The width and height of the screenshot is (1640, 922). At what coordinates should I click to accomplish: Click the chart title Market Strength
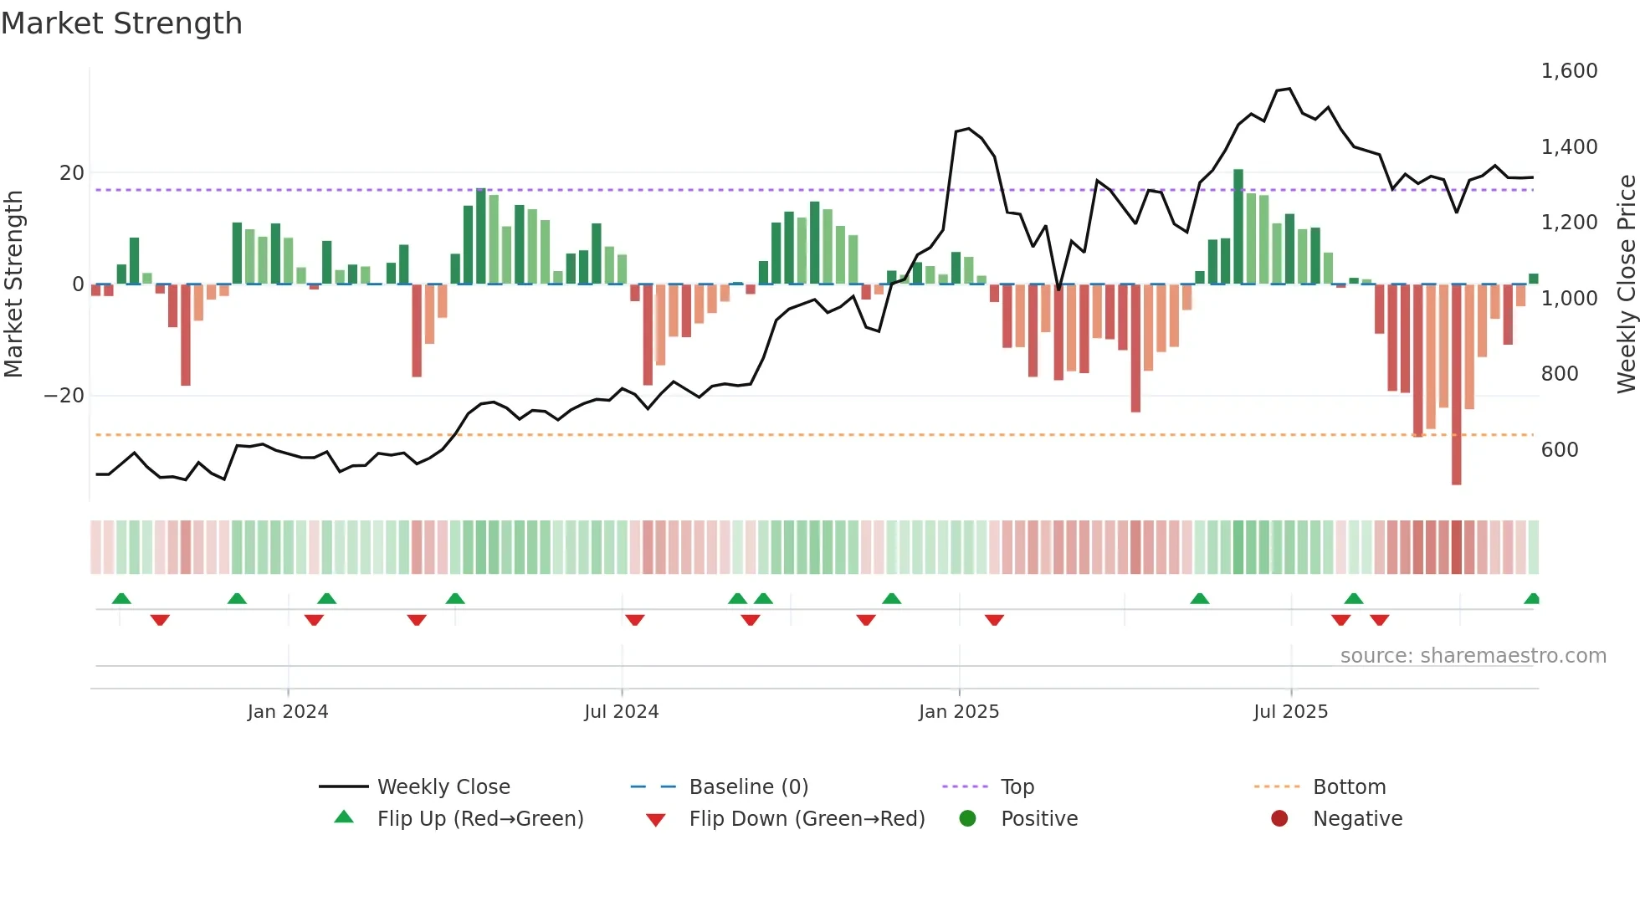coord(121,23)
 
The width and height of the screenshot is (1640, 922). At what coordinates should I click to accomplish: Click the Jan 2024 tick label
coord(287,712)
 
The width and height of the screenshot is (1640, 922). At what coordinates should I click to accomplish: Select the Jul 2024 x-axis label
coord(621,712)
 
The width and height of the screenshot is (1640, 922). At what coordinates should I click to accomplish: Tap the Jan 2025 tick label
coord(958,712)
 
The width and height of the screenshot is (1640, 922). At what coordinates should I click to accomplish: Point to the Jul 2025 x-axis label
coord(1290,712)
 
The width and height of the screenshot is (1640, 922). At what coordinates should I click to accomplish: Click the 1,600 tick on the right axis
coord(1569,71)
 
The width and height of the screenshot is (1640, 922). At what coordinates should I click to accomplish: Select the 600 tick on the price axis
coord(1560,450)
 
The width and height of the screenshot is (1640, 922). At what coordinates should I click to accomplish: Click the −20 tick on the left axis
coord(64,396)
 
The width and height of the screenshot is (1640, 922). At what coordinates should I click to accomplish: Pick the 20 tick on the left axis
coord(72,173)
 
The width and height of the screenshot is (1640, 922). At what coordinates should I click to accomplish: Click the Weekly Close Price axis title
coord(1626,284)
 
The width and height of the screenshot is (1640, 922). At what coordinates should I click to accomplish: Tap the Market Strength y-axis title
coord(13,284)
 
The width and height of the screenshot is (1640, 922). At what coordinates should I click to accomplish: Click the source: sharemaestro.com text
coord(1473,656)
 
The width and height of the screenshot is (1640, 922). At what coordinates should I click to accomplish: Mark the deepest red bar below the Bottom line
coord(1456,385)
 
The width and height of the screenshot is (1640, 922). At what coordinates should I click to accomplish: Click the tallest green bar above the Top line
coord(1238,226)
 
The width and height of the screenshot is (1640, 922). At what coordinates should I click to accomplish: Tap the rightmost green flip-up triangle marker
coord(1532,599)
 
